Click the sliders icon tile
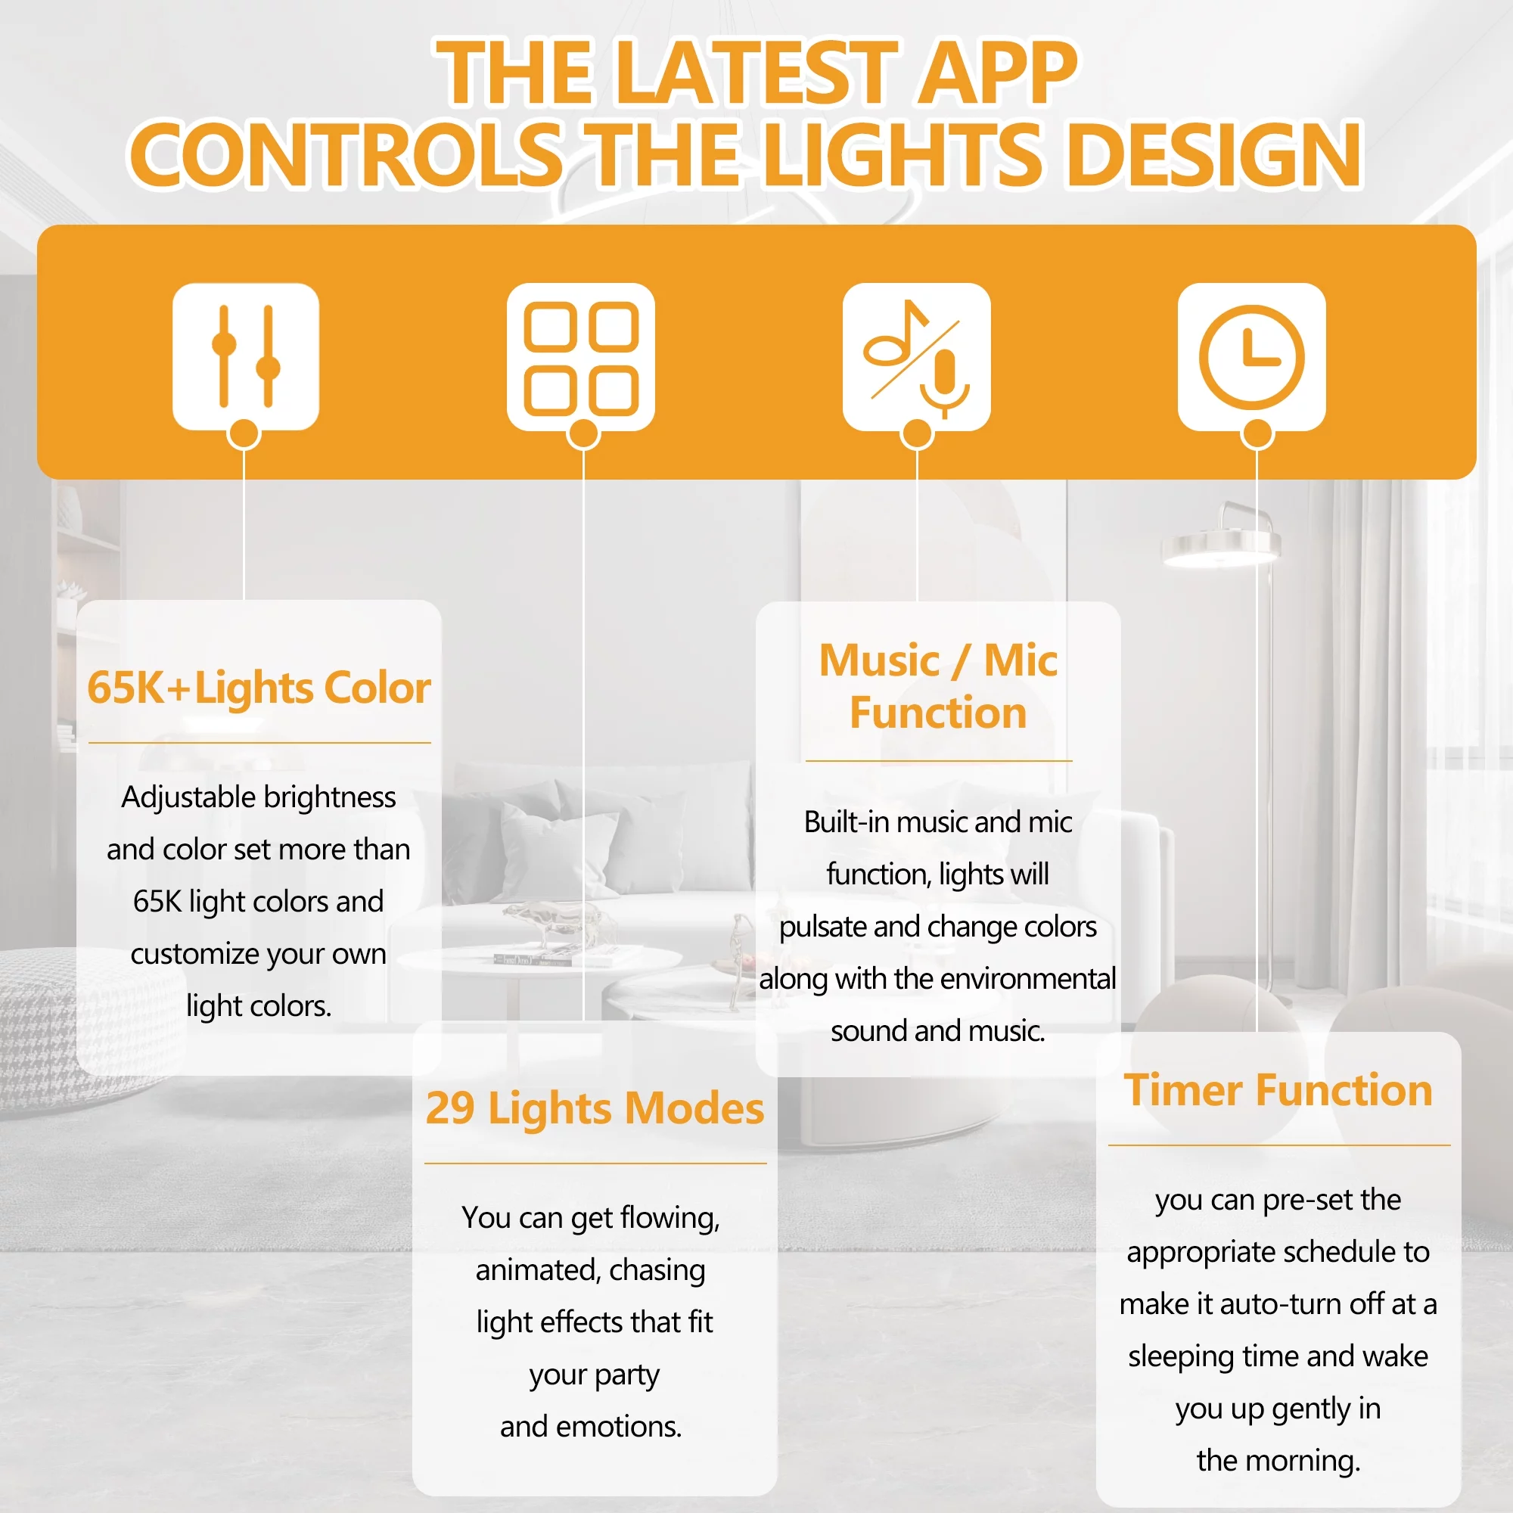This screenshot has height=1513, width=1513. click(246, 356)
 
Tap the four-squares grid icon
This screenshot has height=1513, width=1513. click(580, 356)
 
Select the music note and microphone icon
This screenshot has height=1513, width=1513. click(916, 356)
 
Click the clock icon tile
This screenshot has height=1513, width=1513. click(1251, 356)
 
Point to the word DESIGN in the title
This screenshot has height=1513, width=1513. click(1214, 155)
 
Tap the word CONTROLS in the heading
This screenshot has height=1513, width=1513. click(346, 155)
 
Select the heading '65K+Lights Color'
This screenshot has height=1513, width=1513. click(259, 688)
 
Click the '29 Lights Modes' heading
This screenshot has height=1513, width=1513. click(595, 1108)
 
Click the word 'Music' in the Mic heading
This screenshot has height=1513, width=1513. click(878, 660)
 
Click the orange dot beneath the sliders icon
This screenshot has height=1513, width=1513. click(244, 433)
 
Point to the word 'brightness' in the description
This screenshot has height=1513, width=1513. click(330, 797)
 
